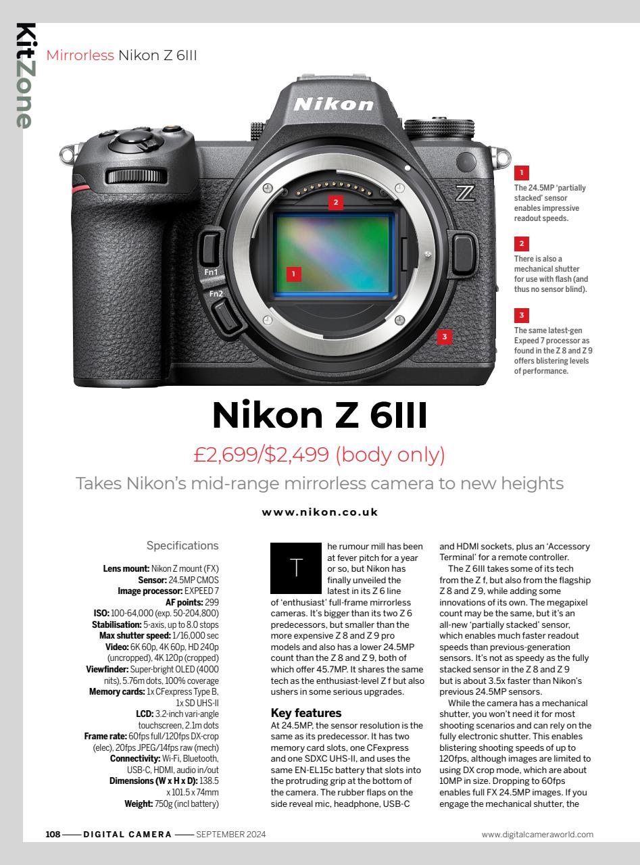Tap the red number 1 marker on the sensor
[x=293, y=273]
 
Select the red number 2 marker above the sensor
[x=334, y=201]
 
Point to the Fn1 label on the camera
[x=212, y=272]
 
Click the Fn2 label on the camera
[x=216, y=294]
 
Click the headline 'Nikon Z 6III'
[x=320, y=415]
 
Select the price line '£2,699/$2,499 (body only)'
[x=320, y=455]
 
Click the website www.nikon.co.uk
[x=320, y=512]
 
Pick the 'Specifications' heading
[x=182, y=545]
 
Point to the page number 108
[x=53, y=834]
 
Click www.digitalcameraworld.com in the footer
[x=537, y=834]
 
